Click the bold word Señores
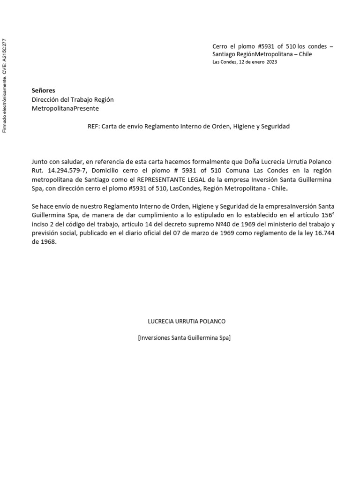pyautogui.click(x=43, y=90)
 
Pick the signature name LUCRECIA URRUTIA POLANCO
pyautogui.click(x=187, y=322)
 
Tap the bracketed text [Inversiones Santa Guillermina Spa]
pyautogui.click(x=184, y=337)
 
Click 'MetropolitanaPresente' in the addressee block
pyautogui.click(x=65, y=108)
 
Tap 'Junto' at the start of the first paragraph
pyautogui.click(x=40, y=161)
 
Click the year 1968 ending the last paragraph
pyautogui.click(x=48, y=243)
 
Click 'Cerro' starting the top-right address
pyautogui.click(x=221, y=46)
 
